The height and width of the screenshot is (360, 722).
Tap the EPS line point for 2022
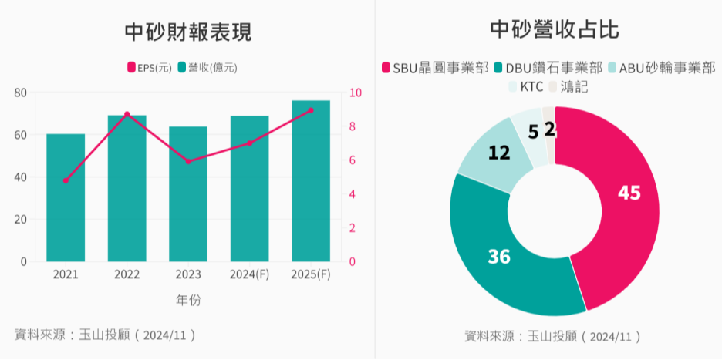pyautogui.click(x=127, y=114)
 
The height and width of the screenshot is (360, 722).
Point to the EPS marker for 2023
pyautogui.click(x=188, y=161)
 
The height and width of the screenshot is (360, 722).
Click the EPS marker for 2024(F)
pyautogui.click(x=249, y=143)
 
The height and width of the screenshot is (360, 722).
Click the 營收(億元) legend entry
pyautogui.click(x=207, y=68)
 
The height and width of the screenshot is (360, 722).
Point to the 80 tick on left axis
pyautogui.click(x=20, y=93)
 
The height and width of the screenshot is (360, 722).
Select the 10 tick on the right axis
pyautogui.click(x=355, y=93)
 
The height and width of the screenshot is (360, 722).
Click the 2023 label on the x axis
pyautogui.click(x=188, y=274)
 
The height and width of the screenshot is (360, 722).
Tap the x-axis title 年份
pyautogui.click(x=188, y=300)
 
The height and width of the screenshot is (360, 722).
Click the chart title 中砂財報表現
pyautogui.click(x=188, y=32)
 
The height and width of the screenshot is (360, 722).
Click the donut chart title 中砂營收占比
pyautogui.click(x=555, y=29)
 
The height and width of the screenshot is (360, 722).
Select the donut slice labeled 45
pyautogui.click(x=629, y=193)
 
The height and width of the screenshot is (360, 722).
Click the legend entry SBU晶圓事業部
pyautogui.click(x=435, y=68)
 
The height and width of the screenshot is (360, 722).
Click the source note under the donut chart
pyautogui.click(x=553, y=336)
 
